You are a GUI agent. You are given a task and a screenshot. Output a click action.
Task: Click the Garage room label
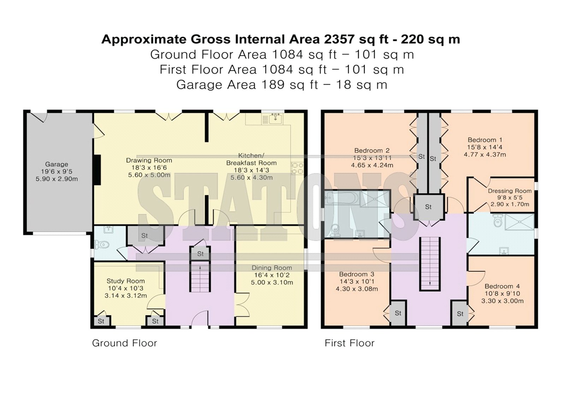pos(56,164)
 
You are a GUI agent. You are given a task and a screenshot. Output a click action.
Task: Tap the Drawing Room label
pos(149,160)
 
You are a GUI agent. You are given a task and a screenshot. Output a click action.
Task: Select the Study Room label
pos(126,281)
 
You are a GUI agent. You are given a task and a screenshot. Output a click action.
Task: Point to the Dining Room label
pos(272,268)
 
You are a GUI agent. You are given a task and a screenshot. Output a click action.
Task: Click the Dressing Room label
pos(510,191)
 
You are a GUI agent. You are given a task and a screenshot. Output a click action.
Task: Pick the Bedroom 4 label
pos(502,286)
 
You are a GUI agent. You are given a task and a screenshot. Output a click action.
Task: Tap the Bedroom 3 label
pos(357,274)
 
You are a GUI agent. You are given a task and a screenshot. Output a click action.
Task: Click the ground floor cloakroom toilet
pos(102,245)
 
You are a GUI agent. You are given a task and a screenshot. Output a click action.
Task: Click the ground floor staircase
pos(200,277)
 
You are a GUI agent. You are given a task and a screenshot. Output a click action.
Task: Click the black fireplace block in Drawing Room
pos(97,169)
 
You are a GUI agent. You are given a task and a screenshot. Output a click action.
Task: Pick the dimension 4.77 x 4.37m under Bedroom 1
pos(485,155)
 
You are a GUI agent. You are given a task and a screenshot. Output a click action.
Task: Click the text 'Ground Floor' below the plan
pos(125,343)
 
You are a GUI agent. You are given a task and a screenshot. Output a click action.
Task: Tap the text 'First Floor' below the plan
pos(349,343)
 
